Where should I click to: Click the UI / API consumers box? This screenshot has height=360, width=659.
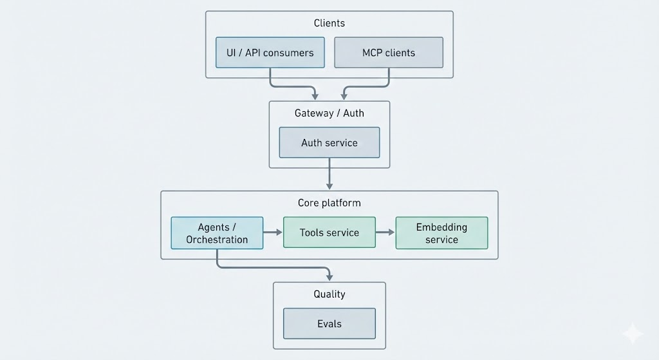coord(270,52)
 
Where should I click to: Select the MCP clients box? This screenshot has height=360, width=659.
coord(389,52)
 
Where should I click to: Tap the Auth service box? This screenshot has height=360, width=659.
coord(329,142)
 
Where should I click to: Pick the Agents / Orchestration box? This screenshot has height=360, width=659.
coord(217,233)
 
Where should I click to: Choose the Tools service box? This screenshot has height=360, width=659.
coord(329,232)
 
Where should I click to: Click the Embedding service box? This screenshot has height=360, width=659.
coord(441,233)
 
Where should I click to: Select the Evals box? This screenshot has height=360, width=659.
coord(329,324)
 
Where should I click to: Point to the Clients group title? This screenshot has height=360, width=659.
coord(329,23)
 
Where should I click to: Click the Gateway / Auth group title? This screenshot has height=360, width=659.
coord(329,113)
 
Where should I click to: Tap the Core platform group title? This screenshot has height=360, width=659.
coord(329,203)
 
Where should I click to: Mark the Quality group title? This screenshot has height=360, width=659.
coord(329,294)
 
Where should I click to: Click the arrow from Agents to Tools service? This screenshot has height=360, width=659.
coord(273,232)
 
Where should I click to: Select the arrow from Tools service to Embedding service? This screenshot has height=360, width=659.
coord(385,232)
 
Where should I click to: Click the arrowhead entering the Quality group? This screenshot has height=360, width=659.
coord(329,276)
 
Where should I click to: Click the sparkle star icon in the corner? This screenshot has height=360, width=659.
coord(633,334)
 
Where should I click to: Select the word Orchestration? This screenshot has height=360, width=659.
coord(217,240)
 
